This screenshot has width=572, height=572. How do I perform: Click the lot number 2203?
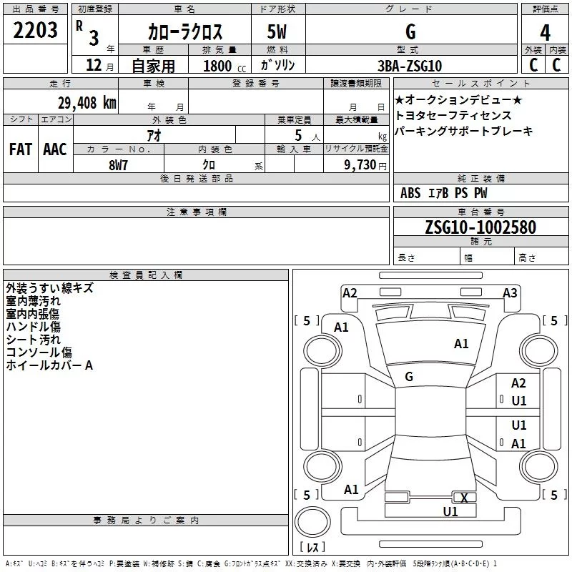tap(35, 30)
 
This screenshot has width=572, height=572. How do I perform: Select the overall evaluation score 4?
tap(545, 33)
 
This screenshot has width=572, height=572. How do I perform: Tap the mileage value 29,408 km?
tap(87, 103)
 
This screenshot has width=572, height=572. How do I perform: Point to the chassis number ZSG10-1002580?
tap(480, 227)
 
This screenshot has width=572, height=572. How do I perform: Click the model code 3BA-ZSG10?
tap(410, 66)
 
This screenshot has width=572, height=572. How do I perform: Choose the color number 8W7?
tap(118, 165)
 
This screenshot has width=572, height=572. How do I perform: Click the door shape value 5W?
tap(277, 31)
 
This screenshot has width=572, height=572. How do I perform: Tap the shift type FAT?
tap(21, 149)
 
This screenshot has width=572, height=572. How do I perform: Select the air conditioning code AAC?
tap(55, 149)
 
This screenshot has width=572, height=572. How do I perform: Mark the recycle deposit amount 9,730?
tap(360, 165)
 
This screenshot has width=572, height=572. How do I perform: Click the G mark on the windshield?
tap(409, 377)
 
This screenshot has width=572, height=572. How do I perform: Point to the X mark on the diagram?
tap(464, 498)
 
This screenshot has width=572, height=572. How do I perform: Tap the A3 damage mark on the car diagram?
tap(510, 293)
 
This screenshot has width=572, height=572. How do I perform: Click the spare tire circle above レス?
tap(312, 522)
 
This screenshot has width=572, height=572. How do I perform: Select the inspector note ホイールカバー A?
tap(49, 365)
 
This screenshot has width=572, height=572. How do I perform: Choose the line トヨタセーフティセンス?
tap(453, 115)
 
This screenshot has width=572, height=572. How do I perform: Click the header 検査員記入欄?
tap(146, 275)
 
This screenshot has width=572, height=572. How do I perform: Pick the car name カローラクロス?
tap(185, 31)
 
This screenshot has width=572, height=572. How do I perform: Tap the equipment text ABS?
tap(410, 193)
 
